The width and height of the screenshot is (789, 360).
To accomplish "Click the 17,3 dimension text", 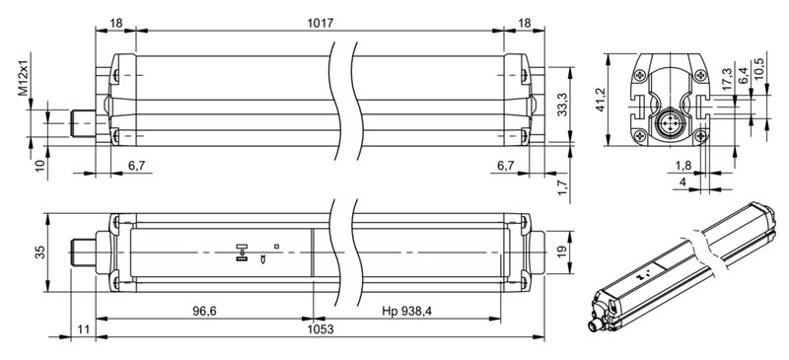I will (727, 83).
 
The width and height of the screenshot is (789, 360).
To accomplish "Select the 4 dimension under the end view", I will (682, 181).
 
